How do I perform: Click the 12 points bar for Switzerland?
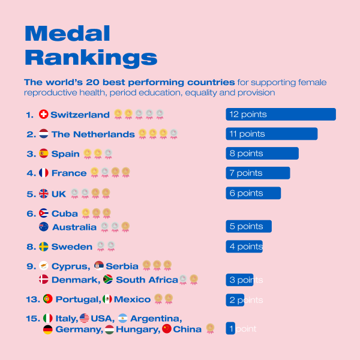coord(280,115)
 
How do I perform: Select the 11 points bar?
coord(271,134)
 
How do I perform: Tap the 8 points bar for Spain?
coord(262,154)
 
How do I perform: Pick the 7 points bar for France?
coord(257,173)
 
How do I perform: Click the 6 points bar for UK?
coord(253,193)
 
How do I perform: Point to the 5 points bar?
coord(248,226)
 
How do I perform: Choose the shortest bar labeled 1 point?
coord(230,329)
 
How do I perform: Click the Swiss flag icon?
coord(43,114)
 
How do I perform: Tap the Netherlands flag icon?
coord(44,134)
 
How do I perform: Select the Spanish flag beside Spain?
coord(44,154)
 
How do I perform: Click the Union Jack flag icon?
coord(44,193)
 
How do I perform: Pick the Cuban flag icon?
coord(44,213)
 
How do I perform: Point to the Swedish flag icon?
coord(44,247)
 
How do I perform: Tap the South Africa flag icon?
coord(108,280)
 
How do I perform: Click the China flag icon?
coord(166,329)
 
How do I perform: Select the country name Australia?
coord(74,227)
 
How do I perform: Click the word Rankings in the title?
coord(91,58)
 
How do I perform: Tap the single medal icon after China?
coord(210,328)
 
